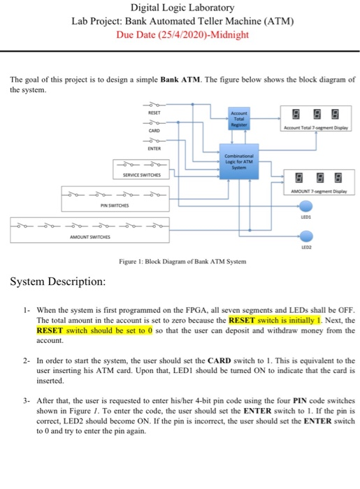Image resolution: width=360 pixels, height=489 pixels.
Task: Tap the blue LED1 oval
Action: coord(306,205)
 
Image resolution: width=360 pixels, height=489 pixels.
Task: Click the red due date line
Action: coord(184,34)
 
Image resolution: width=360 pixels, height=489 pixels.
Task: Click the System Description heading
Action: coord(57,282)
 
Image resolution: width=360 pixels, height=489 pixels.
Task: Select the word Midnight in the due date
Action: coord(231,34)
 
